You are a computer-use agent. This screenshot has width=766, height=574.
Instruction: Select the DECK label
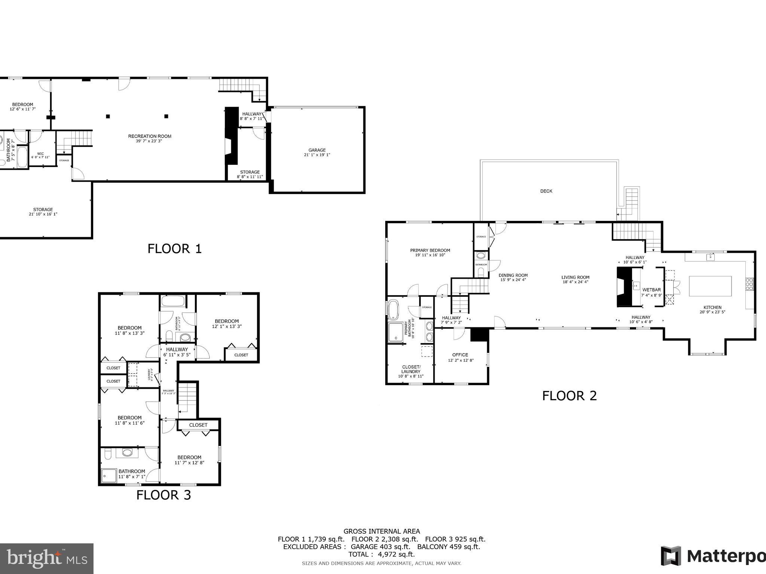click(546, 191)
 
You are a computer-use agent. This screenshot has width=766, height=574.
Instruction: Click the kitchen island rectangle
click(710, 286)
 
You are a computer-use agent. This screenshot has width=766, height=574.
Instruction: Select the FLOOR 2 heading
click(569, 396)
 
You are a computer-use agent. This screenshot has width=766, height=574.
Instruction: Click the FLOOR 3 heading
click(163, 495)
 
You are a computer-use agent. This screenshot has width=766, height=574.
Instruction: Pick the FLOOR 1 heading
click(175, 249)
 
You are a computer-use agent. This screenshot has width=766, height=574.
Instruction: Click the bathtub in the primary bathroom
click(393, 310)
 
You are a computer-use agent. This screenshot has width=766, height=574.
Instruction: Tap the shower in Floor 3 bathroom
click(109, 476)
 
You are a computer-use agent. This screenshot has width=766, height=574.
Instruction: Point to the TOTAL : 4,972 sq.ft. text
click(382, 554)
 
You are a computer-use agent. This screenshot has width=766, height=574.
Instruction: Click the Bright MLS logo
click(47, 559)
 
